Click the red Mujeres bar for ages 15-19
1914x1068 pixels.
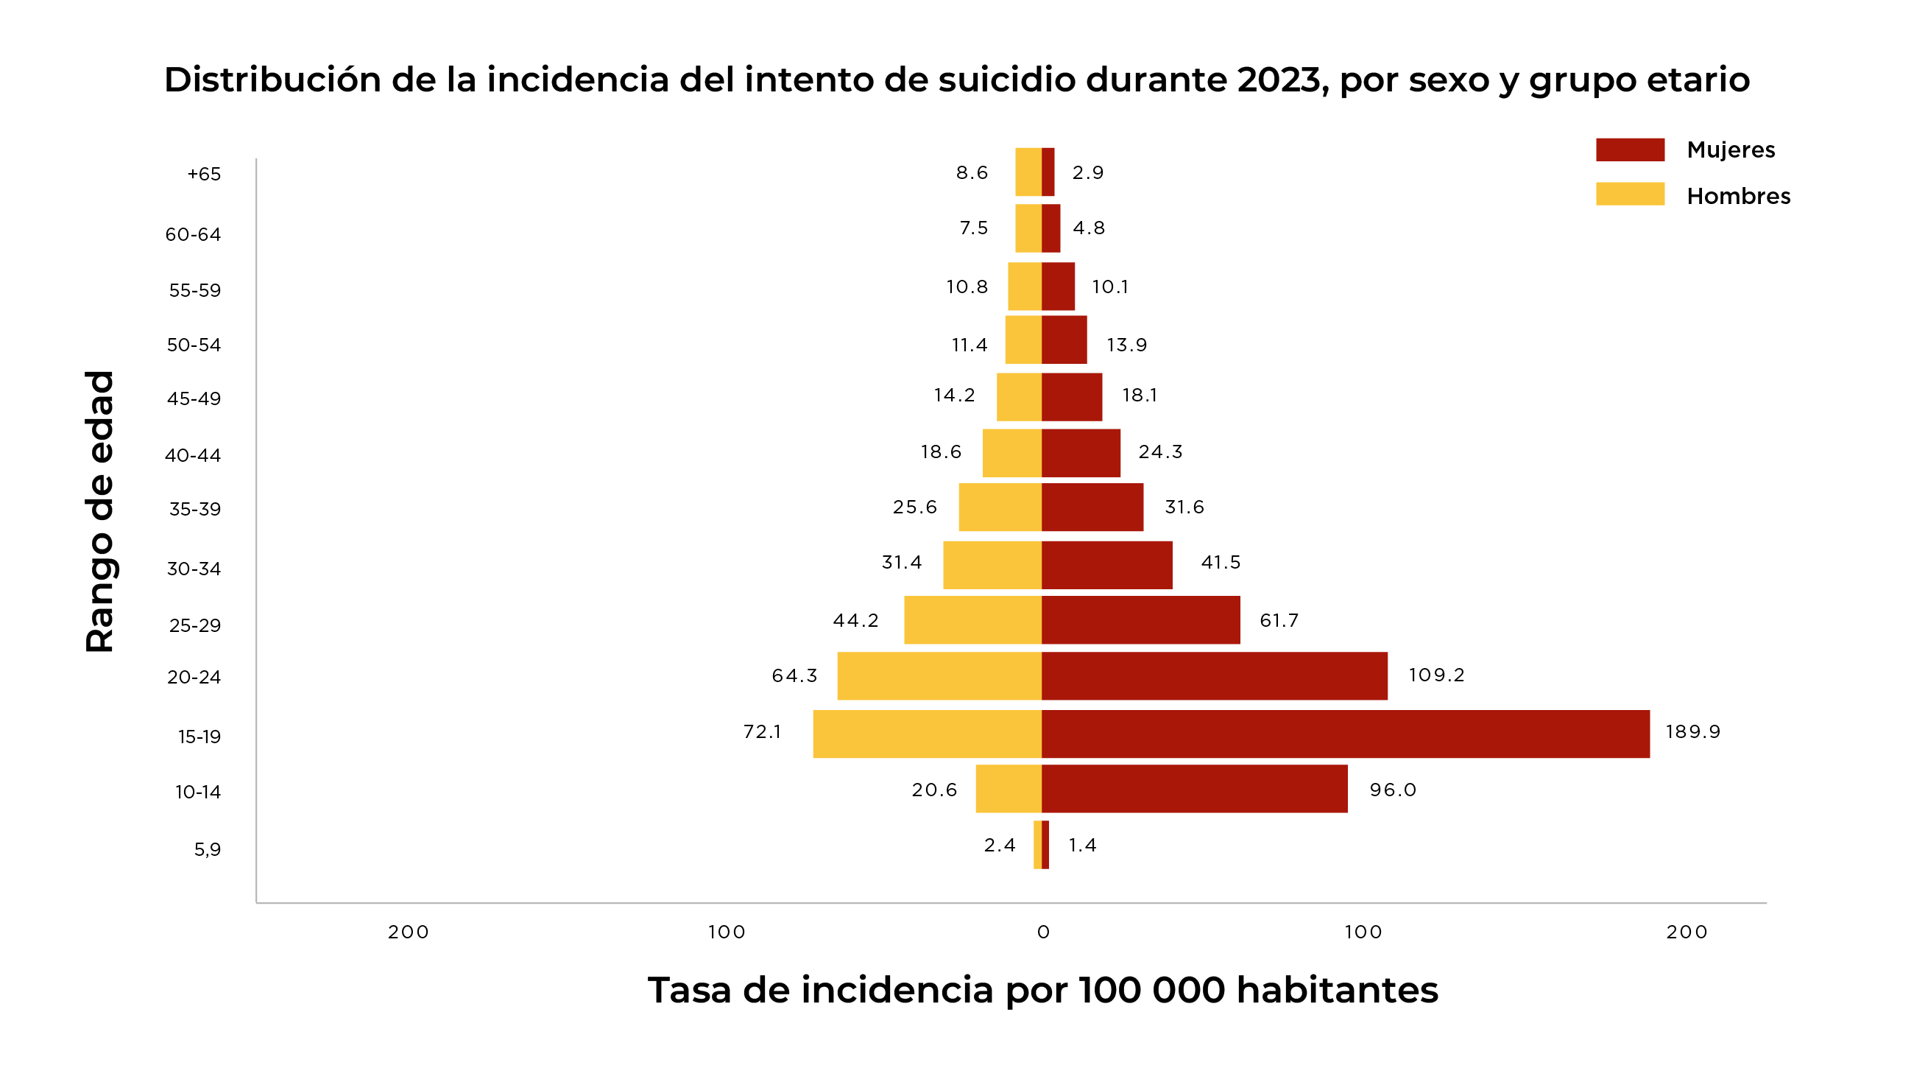click(x=1345, y=734)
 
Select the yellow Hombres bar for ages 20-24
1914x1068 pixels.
click(x=939, y=675)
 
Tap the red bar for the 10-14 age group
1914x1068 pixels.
click(x=1194, y=789)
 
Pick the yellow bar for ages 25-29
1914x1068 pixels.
click(x=972, y=619)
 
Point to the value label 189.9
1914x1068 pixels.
click(x=1692, y=731)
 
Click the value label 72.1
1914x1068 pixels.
click(x=763, y=731)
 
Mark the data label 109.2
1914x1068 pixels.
click(x=1436, y=675)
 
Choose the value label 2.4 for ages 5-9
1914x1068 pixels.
click(x=1000, y=845)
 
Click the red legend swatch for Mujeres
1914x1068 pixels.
click(x=1629, y=150)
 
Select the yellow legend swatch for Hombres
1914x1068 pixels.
click(x=1629, y=194)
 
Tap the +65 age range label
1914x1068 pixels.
click(x=204, y=174)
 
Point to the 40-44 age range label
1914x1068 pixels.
click(x=193, y=455)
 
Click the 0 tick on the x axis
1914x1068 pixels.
click(x=1043, y=932)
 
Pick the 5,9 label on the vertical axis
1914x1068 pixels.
click(x=208, y=849)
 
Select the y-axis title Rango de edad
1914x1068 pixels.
click(x=99, y=511)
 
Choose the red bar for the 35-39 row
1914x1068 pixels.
click(x=1092, y=507)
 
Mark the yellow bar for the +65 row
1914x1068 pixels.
click(x=1028, y=172)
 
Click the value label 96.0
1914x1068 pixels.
click(x=1392, y=790)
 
